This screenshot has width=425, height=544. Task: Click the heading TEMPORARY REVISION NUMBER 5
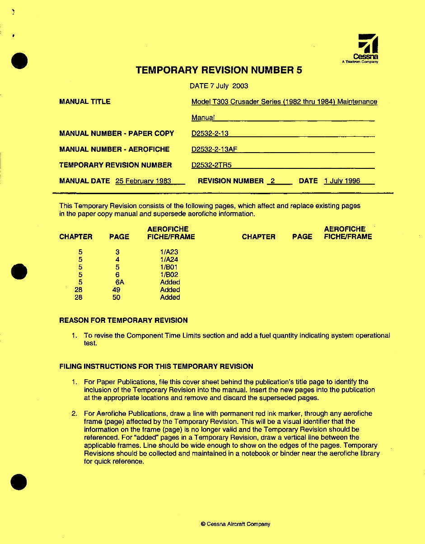219,70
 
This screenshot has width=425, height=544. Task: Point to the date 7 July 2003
219,86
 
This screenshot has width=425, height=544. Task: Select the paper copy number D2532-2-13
210,134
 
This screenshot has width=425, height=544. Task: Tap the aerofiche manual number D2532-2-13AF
215,149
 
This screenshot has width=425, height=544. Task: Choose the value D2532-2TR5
208,165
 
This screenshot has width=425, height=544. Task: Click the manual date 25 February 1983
143,181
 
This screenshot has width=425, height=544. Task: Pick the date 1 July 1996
342,181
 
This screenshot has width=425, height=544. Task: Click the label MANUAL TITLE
85,102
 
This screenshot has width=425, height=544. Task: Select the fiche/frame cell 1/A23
169,251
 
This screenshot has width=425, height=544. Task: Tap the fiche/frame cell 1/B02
169,274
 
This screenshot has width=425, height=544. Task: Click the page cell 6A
119,282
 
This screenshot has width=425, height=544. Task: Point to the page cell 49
117,290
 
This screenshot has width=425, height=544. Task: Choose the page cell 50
117,298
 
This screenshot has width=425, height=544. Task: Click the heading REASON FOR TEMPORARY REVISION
123,321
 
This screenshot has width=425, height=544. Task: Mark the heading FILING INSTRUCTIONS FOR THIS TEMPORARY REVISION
156,367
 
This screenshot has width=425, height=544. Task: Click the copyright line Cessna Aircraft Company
235,524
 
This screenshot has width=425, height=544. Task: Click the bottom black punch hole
19,482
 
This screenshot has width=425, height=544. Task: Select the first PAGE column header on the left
119,237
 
